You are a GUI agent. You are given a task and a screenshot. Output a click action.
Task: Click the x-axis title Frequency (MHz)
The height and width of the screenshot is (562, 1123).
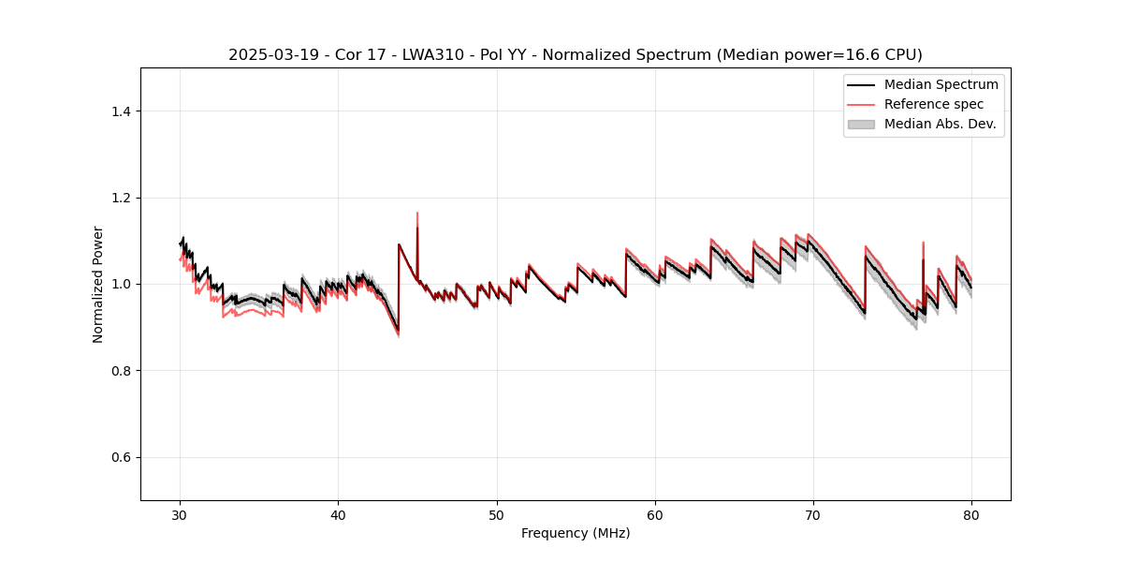click(x=576, y=533)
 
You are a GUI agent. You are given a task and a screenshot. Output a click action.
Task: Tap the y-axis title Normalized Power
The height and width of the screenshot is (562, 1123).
click(x=98, y=284)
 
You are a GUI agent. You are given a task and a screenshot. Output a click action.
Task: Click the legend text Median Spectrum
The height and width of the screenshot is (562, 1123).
click(x=941, y=84)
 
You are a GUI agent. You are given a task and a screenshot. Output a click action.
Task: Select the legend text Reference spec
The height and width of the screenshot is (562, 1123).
click(x=933, y=104)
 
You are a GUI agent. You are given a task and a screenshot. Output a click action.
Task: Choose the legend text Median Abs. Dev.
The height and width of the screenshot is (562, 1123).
click(x=941, y=124)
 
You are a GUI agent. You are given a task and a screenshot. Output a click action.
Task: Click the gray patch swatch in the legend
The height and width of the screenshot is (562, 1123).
click(x=861, y=124)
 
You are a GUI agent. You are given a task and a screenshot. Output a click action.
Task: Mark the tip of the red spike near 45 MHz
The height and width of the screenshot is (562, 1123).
click(x=417, y=213)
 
